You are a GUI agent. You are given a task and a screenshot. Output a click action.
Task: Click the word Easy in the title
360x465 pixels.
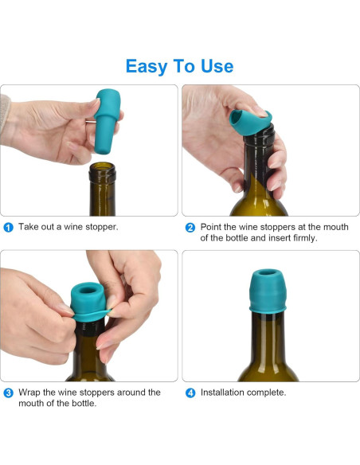pyautogui.click(x=147, y=67)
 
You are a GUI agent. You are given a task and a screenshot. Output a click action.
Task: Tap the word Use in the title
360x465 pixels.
pyautogui.click(x=217, y=66)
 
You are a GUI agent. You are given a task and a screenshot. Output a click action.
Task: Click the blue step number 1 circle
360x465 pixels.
pyautogui.click(x=8, y=228)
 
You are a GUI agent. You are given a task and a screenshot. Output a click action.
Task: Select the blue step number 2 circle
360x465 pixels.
pyautogui.click(x=190, y=228)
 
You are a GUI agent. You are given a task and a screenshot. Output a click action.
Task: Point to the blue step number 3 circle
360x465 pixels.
pyautogui.click(x=8, y=393)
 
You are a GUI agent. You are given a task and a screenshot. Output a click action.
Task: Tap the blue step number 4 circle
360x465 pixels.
pyautogui.click(x=190, y=393)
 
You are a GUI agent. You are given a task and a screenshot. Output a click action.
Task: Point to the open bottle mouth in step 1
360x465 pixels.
pyautogui.click(x=102, y=166)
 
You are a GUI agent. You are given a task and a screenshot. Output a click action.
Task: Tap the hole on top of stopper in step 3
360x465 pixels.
pyautogui.click(x=88, y=290)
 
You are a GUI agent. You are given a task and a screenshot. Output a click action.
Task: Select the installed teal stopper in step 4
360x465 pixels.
pyautogui.click(x=268, y=291)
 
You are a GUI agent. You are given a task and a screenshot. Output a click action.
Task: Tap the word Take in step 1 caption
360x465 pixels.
pyautogui.click(x=29, y=227)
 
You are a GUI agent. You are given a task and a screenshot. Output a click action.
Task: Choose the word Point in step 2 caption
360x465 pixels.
pyautogui.click(x=211, y=227)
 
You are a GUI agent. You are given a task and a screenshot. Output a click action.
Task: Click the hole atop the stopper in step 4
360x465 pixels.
pyautogui.click(x=268, y=272)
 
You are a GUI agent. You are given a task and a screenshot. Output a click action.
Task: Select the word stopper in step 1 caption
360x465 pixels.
pyautogui.click(x=102, y=228)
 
